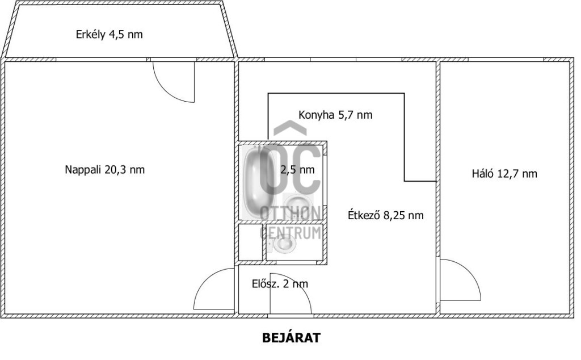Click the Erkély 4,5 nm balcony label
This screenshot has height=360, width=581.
click(110, 35)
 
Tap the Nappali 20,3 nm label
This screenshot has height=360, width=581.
click(105, 170)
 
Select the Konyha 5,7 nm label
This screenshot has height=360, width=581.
click(335, 115)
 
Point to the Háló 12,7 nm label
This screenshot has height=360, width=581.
click(504, 174)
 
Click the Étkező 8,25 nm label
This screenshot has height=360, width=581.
click(386, 215)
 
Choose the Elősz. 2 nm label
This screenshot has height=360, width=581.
click(280, 284)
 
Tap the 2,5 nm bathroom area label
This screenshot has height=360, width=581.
click(297, 170)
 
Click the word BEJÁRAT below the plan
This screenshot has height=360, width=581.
click(291, 338)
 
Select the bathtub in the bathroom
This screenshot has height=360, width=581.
click(259, 182)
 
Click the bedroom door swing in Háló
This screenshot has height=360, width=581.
click(460, 280)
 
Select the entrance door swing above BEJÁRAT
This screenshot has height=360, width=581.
click(290, 294)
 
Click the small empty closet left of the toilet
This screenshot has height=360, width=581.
click(250, 242)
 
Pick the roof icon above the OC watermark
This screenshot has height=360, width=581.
click(290, 128)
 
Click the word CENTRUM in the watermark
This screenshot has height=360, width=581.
click(290, 233)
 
